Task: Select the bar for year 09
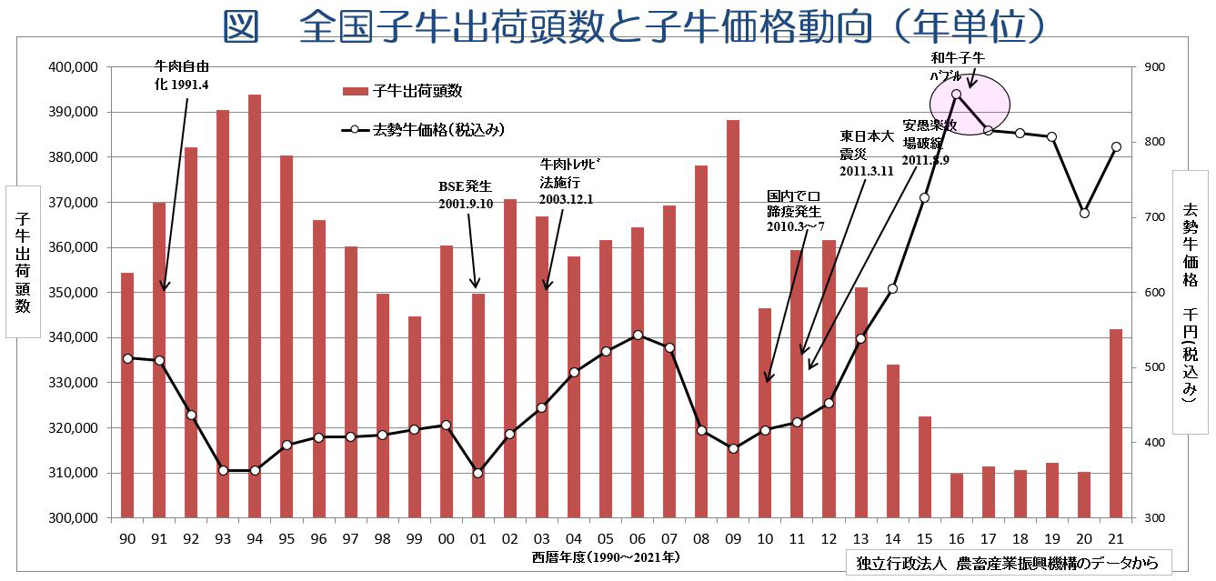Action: (732, 318)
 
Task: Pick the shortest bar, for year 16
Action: (957, 495)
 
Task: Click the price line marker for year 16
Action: (957, 94)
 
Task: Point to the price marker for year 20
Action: (1084, 213)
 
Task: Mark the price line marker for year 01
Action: (478, 473)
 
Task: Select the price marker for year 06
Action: (638, 335)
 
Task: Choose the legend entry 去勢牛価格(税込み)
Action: (423, 130)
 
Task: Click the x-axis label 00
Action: (446, 539)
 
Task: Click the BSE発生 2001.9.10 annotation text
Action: (466, 195)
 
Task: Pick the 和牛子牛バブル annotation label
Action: (952, 66)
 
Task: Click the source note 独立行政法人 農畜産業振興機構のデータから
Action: (1007, 563)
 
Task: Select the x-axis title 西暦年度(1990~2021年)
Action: (607, 556)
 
